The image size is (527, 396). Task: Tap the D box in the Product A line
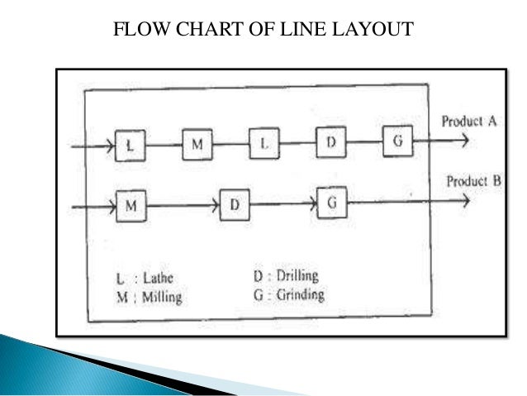pyautogui.click(x=330, y=143)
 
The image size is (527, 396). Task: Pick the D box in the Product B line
pyautogui.click(x=235, y=205)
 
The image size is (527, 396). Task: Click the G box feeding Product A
pyautogui.click(x=396, y=141)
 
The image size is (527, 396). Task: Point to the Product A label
pyautogui.click(x=468, y=122)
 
